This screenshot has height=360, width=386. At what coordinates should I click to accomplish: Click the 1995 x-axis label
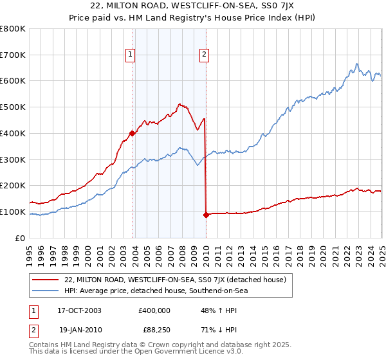(30, 251)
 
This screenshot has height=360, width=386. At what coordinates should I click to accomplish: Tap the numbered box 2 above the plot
(204, 55)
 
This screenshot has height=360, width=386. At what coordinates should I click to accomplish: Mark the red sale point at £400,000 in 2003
(132, 133)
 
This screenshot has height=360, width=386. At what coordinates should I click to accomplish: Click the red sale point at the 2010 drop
(206, 215)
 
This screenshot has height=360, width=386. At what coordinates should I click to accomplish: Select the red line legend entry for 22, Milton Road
(170, 279)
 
